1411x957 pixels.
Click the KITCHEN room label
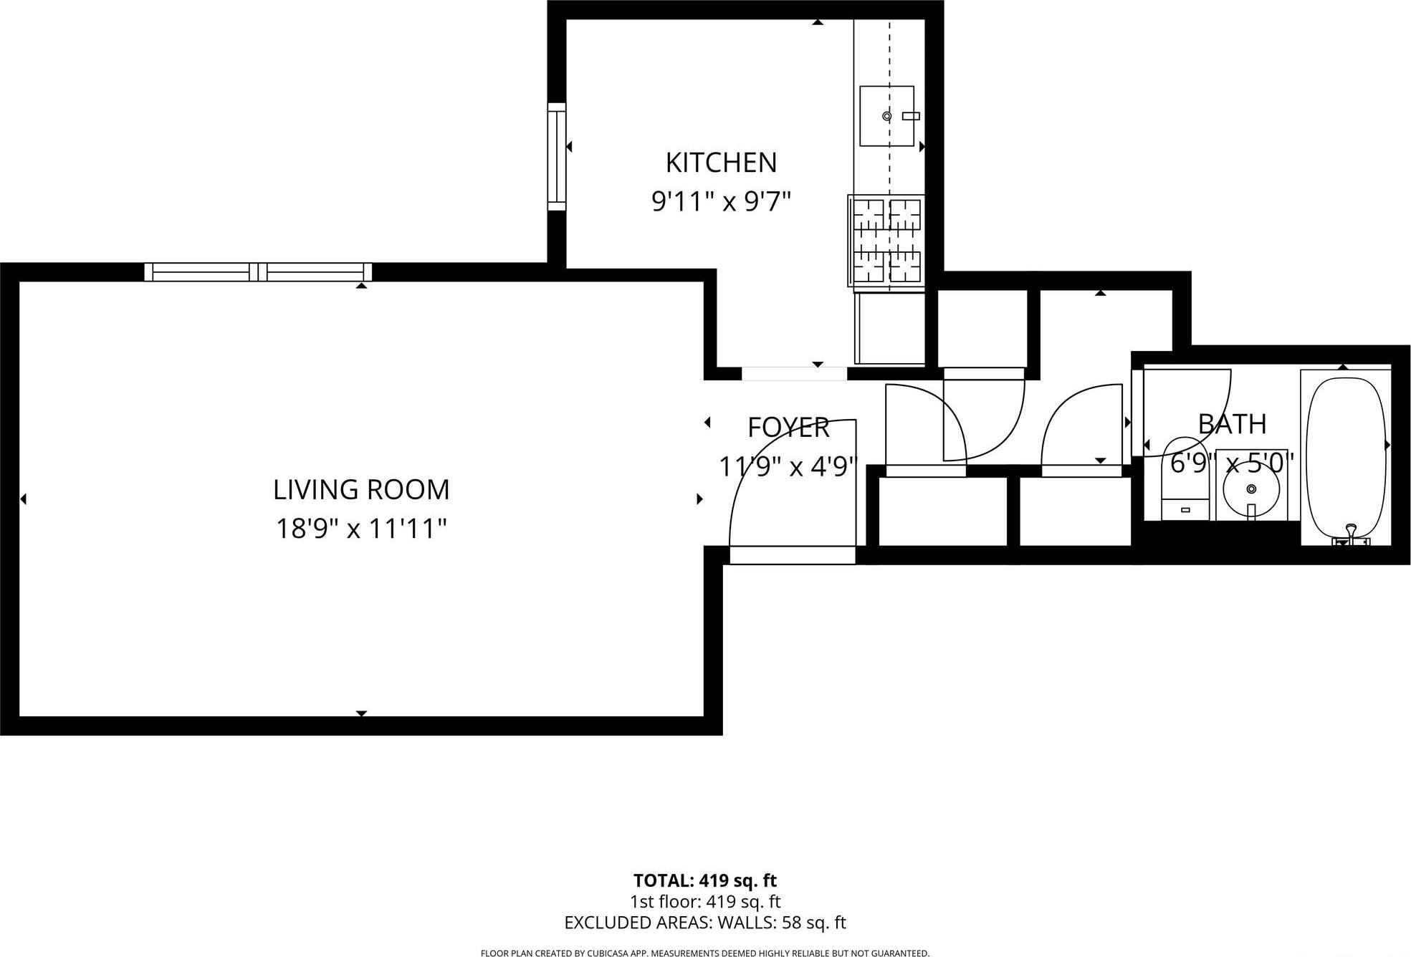pos(721,163)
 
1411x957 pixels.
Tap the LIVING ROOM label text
pos(361,490)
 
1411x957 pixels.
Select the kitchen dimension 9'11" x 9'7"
pos(721,202)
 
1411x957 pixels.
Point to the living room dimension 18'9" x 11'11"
pos(361,529)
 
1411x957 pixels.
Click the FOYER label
pos(788,428)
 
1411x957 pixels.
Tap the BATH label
pos(1232,424)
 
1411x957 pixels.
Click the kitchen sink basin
pos(886,116)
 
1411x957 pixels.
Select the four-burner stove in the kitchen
pos(887,241)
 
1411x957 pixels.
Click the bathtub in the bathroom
pos(1346,456)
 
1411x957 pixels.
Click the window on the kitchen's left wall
pos(557,156)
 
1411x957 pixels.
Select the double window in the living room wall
pos(258,272)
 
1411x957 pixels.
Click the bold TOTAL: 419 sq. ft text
pos(704,880)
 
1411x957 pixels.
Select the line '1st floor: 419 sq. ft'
pos(704,901)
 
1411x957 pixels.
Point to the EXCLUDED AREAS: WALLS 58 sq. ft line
pos(704,923)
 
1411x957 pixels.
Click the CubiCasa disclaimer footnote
pos(704,953)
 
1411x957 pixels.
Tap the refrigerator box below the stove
pos(890,328)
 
